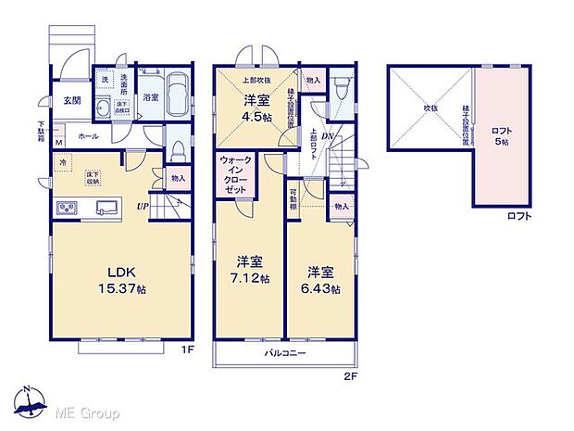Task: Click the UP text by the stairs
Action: [143, 206]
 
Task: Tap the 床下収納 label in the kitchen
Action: [94, 176]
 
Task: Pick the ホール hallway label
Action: [89, 136]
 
